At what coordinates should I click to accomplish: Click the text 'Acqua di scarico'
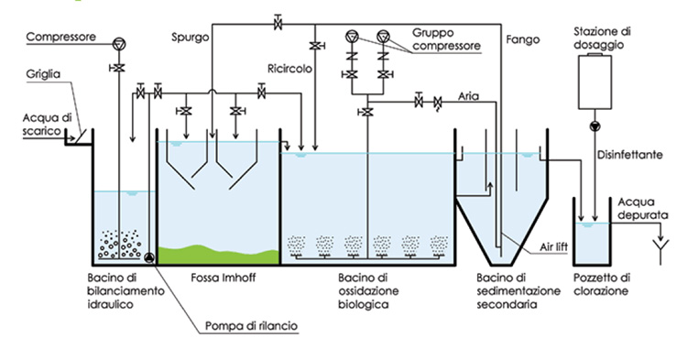click(x=44, y=122)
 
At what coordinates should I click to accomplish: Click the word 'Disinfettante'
click(x=633, y=156)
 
